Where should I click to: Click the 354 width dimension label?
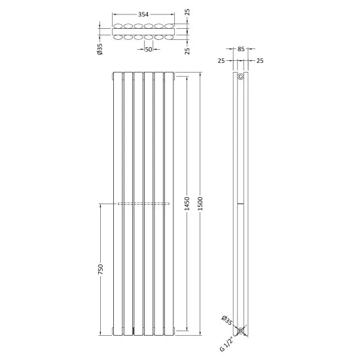click(143, 14)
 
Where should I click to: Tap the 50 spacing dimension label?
click(149, 49)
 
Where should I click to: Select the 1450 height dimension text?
click(187, 204)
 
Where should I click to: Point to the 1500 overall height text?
click(200, 204)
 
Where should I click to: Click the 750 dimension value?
click(101, 270)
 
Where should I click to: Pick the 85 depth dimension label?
click(241, 49)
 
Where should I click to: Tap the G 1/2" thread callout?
click(226, 344)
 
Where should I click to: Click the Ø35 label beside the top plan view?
click(100, 49)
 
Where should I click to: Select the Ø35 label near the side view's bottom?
click(226, 320)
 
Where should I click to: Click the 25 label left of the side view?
click(221, 61)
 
